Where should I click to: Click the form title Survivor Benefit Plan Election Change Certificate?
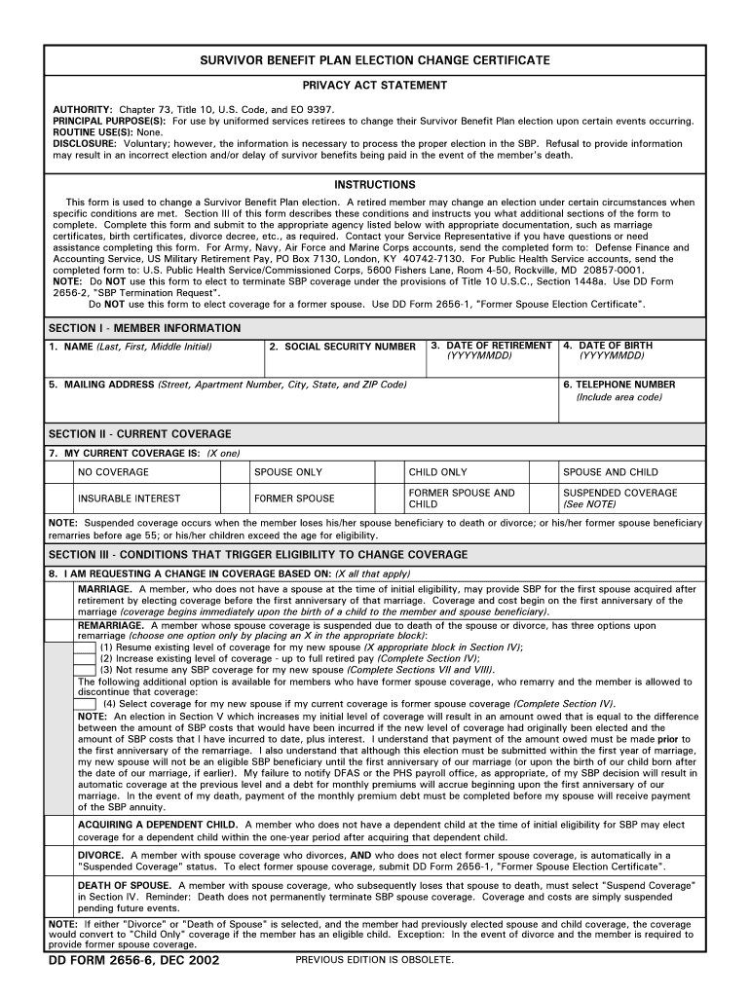375,60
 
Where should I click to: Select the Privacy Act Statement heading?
375,86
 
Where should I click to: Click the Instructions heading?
375,185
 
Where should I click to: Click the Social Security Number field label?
342,347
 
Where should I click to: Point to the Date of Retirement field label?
493,346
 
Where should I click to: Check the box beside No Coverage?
59,472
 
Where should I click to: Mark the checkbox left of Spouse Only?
235,472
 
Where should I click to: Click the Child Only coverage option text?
437,472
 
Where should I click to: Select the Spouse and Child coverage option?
610,472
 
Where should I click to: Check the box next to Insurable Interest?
59,498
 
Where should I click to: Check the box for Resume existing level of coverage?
86,647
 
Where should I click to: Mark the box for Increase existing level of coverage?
86,658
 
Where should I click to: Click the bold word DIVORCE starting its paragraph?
100,855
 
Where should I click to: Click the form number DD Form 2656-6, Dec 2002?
134,961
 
